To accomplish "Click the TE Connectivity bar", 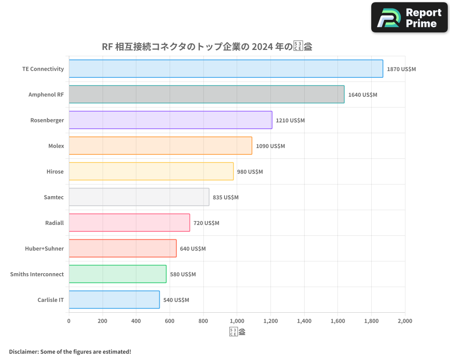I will [x=226, y=69].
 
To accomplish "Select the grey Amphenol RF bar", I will [x=207, y=94].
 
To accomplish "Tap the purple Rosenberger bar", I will [x=171, y=120].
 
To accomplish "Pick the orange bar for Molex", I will [x=160, y=146].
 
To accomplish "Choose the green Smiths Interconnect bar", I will [x=117, y=274].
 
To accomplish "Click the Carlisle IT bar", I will [x=114, y=300].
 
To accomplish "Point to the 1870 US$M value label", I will [x=401, y=69].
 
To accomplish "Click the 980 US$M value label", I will [x=250, y=172].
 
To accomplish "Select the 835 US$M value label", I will [x=225, y=198].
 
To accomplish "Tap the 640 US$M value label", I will [x=193, y=249].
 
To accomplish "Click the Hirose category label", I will [x=55, y=171].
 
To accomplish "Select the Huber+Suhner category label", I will [x=45, y=248].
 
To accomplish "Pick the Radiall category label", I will [x=54, y=223].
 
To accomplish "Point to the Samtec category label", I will [x=54, y=197].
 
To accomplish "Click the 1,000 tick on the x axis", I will [x=237, y=321].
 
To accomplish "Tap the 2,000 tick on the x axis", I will [x=405, y=321].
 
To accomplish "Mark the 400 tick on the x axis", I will [x=136, y=321].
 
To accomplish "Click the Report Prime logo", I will [x=409, y=18].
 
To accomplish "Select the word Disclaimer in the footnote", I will [x=23, y=351].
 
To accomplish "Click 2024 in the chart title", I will [x=262, y=46].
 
